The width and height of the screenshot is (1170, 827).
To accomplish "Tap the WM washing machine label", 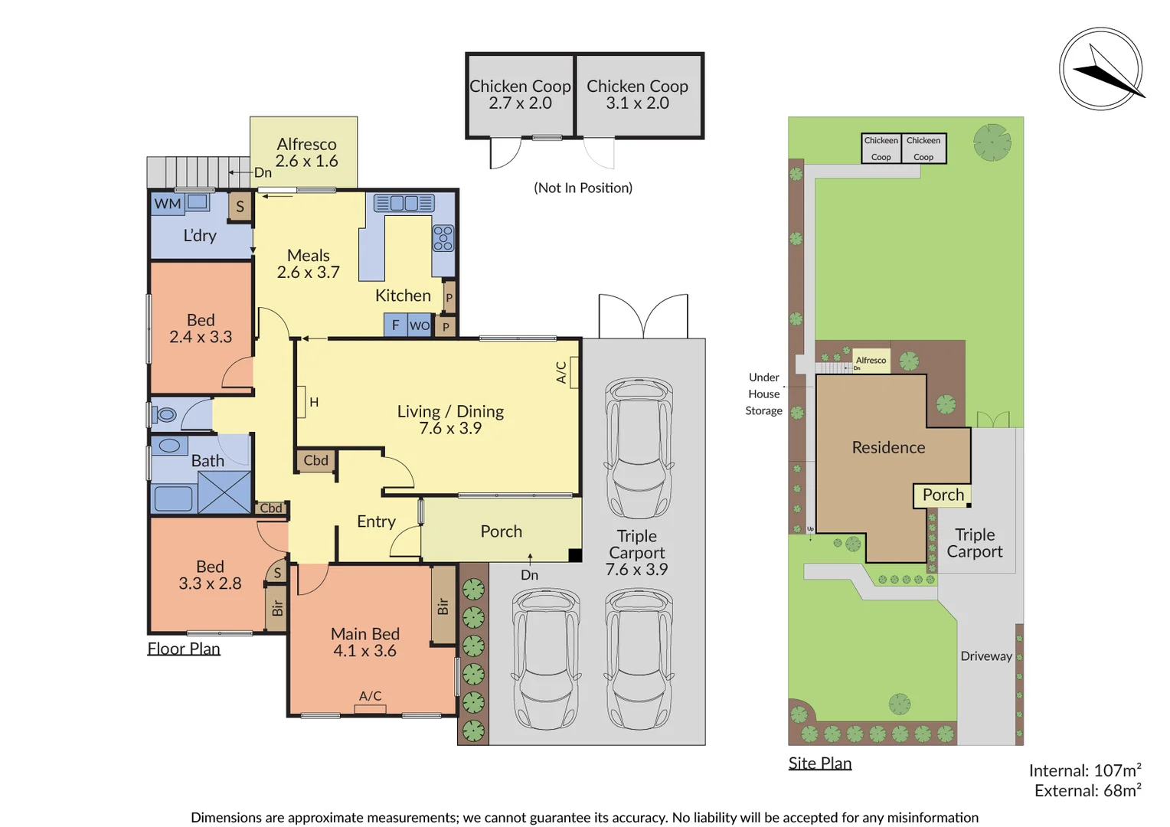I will (x=167, y=204).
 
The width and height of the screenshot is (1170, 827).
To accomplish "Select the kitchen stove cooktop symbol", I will (x=443, y=238).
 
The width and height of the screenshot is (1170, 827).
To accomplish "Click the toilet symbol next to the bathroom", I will (x=165, y=415).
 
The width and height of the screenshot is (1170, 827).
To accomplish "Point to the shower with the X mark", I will (x=224, y=492).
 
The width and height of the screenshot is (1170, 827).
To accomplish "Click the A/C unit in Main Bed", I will (x=371, y=708).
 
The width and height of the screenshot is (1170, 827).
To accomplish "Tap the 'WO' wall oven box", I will (x=419, y=325).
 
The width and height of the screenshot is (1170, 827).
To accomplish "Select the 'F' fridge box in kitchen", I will (x=395, y=325).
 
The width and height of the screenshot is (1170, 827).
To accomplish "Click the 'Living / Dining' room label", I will (x=450, y=420).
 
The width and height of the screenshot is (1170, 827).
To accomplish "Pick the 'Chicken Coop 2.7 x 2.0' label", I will (x=520, y=95).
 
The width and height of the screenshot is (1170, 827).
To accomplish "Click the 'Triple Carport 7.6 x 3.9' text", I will (x=636, y=552).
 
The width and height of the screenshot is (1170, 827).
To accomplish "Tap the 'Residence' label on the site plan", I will (x=888, y=447).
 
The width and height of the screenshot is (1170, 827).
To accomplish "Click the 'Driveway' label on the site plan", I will (x=986, y=656).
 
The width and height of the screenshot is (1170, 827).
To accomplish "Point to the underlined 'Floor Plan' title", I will (x=184, y=649).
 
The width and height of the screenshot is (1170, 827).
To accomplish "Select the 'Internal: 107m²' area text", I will (x=1084, y=770).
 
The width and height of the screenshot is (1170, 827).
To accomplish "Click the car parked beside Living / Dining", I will (x=639, y=447).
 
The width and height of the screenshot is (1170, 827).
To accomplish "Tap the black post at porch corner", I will (x=575, y=556).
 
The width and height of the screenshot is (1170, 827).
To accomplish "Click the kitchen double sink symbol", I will (x=404, y=203).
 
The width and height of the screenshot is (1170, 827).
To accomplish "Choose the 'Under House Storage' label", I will (x=763, y=394).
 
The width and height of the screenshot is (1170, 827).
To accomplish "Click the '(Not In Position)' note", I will (x=583, y=188).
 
